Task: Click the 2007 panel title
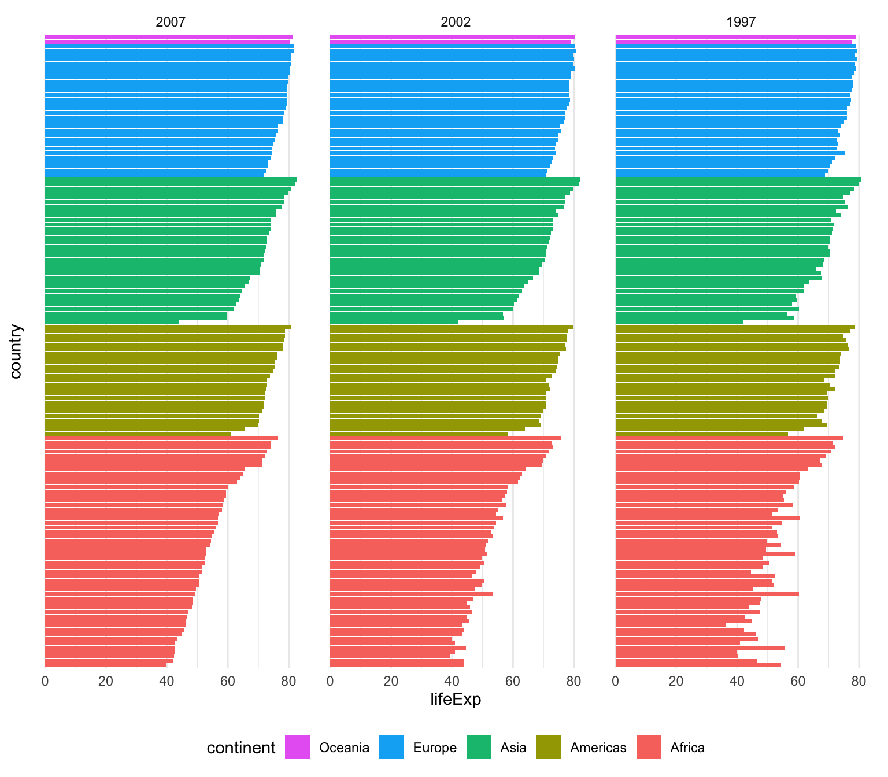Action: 171,23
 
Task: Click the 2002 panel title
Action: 456,23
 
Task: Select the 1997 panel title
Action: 741,23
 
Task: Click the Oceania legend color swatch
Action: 297,747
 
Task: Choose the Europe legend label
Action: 434,748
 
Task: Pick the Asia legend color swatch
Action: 478,747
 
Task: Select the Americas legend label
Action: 598,748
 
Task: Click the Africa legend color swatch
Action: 648,747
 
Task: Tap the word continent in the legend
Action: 241,748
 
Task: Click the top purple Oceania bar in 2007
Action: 168,37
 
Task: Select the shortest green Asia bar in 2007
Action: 111,322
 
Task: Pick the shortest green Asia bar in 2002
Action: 393,322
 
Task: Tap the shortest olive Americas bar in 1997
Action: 701,434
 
